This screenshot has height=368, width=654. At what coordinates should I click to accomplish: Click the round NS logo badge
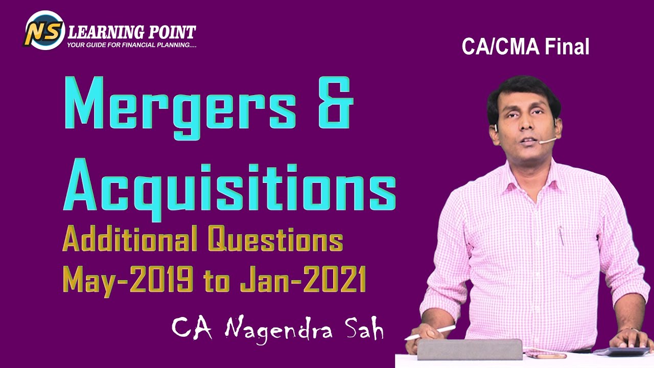44,30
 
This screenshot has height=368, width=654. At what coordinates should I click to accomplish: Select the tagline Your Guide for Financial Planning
132,45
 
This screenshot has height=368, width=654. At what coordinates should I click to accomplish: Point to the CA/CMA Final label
525,47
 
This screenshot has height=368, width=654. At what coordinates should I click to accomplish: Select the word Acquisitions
229,188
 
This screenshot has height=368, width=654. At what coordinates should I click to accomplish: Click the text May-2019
128,280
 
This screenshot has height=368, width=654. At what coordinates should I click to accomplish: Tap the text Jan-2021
303,279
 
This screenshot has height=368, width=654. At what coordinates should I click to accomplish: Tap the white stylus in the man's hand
430,333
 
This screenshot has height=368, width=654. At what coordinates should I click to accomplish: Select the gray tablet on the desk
470,349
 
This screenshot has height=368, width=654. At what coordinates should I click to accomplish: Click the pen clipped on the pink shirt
561,236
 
